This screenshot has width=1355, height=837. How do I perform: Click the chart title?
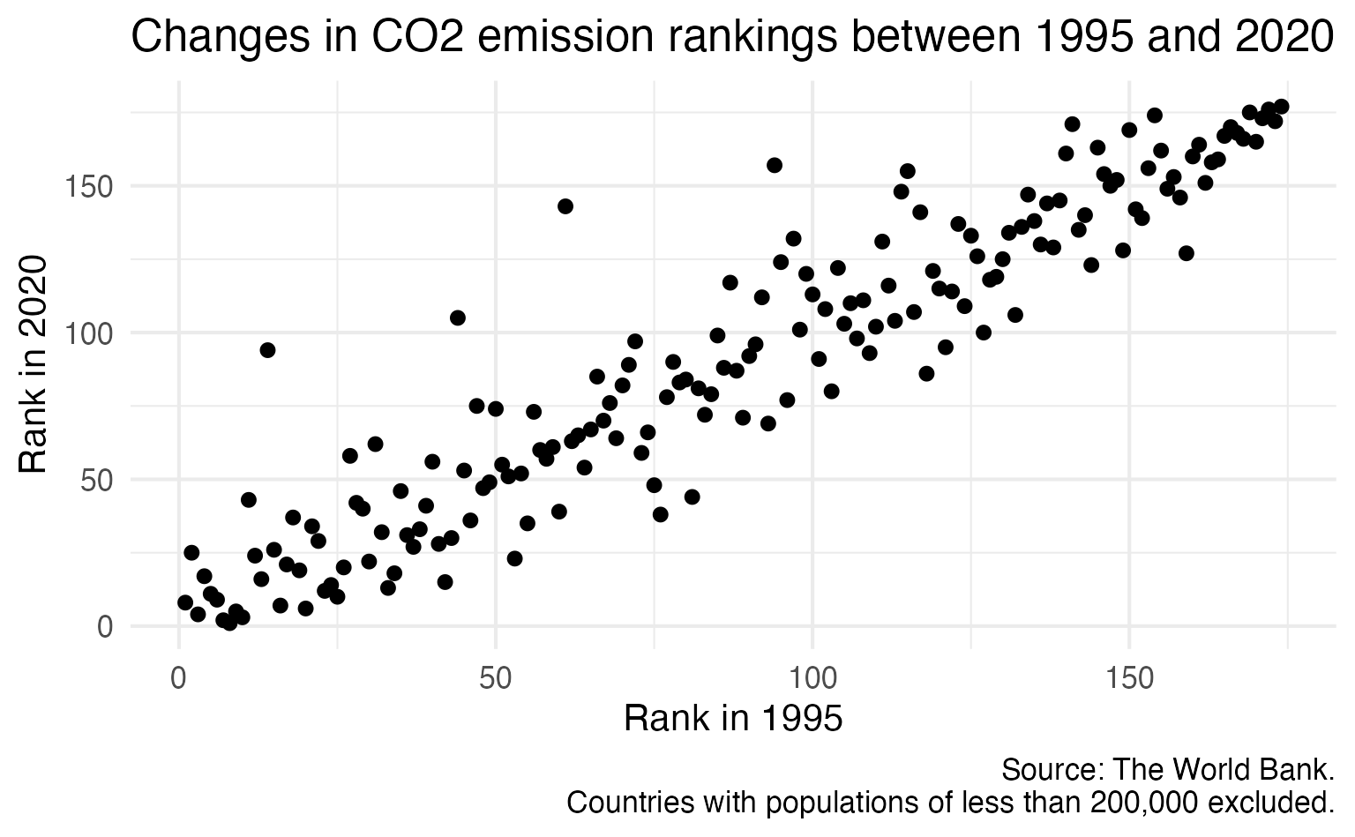(732, 37)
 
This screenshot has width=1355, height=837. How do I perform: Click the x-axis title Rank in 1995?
(733, 719)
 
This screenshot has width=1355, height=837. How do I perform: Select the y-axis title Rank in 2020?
(32, 364)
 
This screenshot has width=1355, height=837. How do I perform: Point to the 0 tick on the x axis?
(178, 678)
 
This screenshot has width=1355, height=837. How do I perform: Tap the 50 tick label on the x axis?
(496, 678)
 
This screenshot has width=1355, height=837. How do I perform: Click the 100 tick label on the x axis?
(812, 678)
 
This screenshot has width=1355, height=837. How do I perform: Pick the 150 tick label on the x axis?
(1129, 678)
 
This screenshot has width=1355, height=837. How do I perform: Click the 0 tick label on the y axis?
(105, 627)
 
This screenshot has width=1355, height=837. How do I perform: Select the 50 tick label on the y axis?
(97, 480)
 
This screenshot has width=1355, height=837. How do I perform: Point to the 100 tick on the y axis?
(88, 333)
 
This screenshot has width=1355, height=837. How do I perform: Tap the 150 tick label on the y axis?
(88, 187)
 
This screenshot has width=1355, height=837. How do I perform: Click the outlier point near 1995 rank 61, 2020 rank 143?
(565, 206)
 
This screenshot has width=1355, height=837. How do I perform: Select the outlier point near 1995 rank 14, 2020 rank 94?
(267, 350)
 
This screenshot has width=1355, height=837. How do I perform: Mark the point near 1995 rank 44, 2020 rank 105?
(457, 318)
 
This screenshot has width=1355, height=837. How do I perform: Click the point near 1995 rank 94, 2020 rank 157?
(775, 165)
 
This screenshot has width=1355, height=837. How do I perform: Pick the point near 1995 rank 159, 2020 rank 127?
(1187, 253)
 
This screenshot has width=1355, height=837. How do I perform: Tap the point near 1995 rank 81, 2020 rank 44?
(692, 497)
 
